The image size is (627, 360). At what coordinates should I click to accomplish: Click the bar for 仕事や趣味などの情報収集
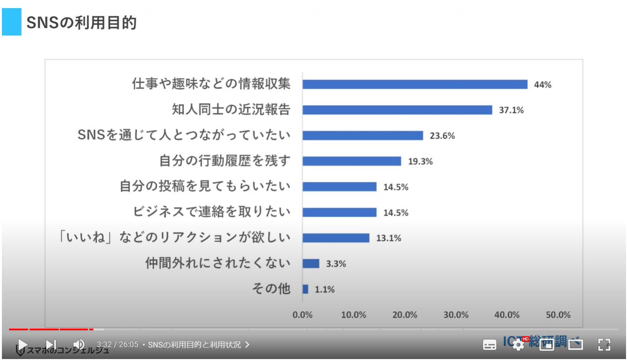414,85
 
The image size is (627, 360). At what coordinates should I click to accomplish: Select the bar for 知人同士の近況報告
397,110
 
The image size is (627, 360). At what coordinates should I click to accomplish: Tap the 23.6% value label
442,136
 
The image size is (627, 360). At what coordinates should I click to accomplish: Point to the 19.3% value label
420,161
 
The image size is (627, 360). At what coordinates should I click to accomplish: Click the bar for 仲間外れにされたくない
311,264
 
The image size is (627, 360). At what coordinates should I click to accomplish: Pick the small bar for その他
306,289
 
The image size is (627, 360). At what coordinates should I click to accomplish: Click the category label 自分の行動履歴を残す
225,161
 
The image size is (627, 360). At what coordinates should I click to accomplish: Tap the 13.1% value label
389,238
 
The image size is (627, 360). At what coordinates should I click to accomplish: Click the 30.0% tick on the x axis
456,315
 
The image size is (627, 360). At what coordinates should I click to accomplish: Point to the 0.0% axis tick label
302,315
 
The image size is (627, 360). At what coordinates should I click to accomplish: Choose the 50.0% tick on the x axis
558,315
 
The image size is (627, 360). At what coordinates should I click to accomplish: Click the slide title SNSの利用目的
81,22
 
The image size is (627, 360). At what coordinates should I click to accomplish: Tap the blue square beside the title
11,22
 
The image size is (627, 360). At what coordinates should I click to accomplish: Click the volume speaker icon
79,344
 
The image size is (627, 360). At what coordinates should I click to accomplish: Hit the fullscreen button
604,345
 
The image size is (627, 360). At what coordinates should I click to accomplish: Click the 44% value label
542,85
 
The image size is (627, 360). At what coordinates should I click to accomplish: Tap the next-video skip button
51,344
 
